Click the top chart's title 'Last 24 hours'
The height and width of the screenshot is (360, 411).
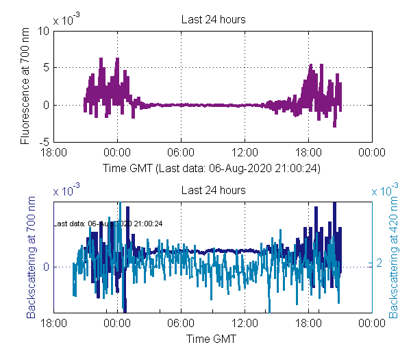coord(213,20)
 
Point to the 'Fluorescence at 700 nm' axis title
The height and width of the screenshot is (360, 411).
coord(25,87)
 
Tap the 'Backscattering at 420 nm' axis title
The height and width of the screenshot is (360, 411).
coord(394,259)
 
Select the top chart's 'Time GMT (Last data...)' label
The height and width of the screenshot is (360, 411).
coord(212,167)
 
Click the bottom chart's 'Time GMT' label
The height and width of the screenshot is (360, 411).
coord(212,338)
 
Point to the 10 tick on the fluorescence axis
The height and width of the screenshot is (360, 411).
coord(42,31)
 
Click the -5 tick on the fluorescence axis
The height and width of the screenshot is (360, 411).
coord(43,143)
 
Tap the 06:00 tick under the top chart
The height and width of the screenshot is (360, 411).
coord(181,153)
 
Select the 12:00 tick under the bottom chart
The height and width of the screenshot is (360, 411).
coord(245,324)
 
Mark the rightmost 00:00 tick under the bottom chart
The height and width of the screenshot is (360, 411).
coord(372,324)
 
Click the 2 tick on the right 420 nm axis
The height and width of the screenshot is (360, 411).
coord(379,263)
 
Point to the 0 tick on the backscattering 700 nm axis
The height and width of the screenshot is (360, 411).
coord(46,267)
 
